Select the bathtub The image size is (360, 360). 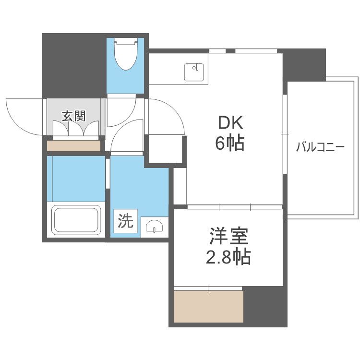[x=77, y=220]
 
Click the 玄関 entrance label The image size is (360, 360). [x=73, y=115]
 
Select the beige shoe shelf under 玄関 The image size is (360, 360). [x=73, y=145]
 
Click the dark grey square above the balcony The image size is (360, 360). [x=304, y=65]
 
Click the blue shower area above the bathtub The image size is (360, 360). [x=76, y=178]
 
